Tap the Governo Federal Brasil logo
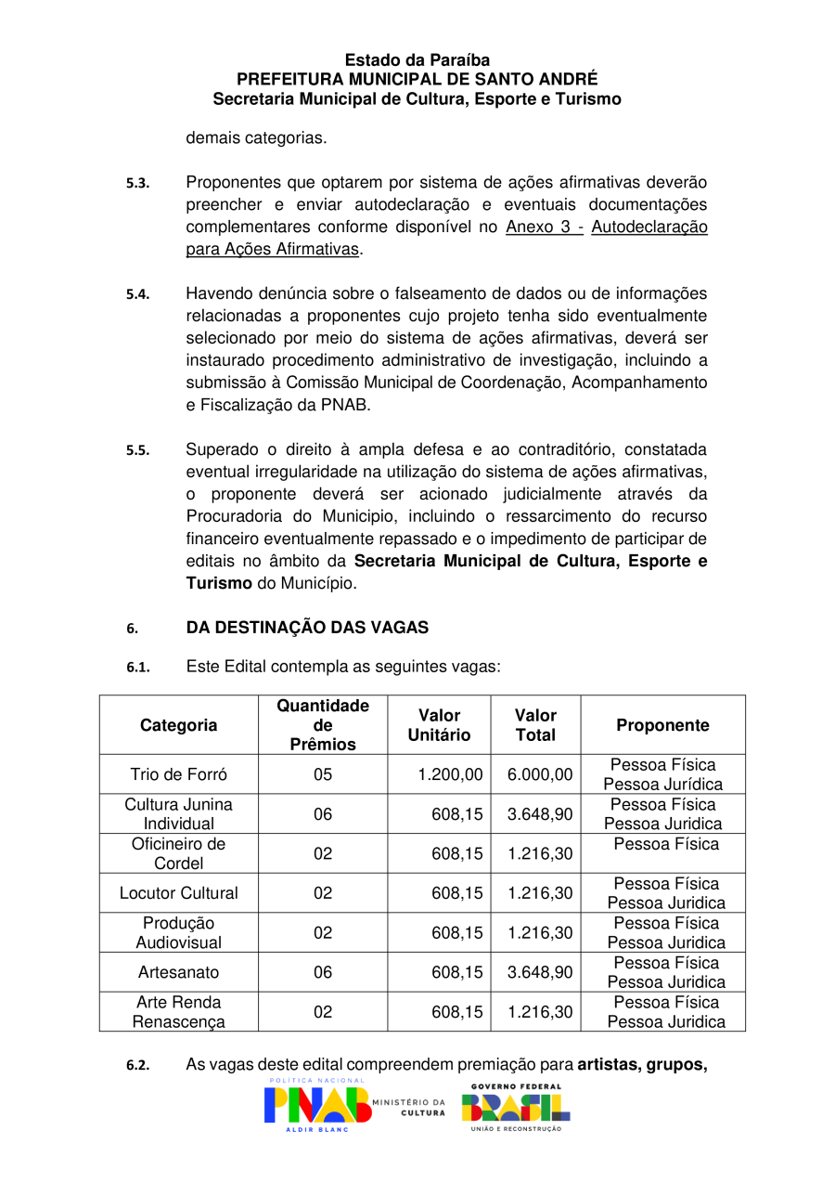[x=516, y=1106]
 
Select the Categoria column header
[x=178, y=725]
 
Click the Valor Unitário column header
[x=439, y=725]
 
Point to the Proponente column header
[x=662, y=725]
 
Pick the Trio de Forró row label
[x=178, y=774]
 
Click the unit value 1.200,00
[x=450, y=774]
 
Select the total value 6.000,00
[x=540, y=774]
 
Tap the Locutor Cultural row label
[x=178, y=893]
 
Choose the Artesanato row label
[x=178, y=972]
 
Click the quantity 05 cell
[x=322, y=774]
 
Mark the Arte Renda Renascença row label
[x=178, y=1012]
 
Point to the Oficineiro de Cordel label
[x=178, y=853]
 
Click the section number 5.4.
[x=138, y=294]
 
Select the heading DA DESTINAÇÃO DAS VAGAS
[x=307, y=628]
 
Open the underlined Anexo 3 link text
[x=544, y=227]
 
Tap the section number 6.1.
[x=138, y=668]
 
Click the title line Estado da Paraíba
[x=417, y=60]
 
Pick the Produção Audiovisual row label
[x=178, y=932]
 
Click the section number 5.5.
[x=138, y=450]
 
